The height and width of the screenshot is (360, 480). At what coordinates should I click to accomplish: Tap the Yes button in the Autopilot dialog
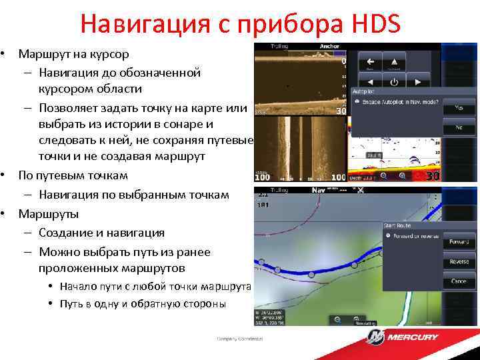(459, 107)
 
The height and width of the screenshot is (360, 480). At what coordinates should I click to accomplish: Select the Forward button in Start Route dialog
(459, 241)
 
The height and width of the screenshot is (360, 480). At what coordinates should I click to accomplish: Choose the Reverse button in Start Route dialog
(459, 261)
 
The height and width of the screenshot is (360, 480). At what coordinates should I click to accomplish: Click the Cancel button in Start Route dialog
(459, 281)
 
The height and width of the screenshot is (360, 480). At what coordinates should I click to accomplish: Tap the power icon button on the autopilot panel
(394, 82)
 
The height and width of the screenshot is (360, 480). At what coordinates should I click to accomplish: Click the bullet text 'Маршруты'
(48, 214)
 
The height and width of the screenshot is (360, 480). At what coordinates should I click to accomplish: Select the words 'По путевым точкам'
(73, 175)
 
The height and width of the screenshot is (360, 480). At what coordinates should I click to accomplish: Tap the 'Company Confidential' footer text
(240, 339)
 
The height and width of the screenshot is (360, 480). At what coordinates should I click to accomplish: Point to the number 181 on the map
(263, 205)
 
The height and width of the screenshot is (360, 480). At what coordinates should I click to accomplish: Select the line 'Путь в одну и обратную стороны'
(143, 303)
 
